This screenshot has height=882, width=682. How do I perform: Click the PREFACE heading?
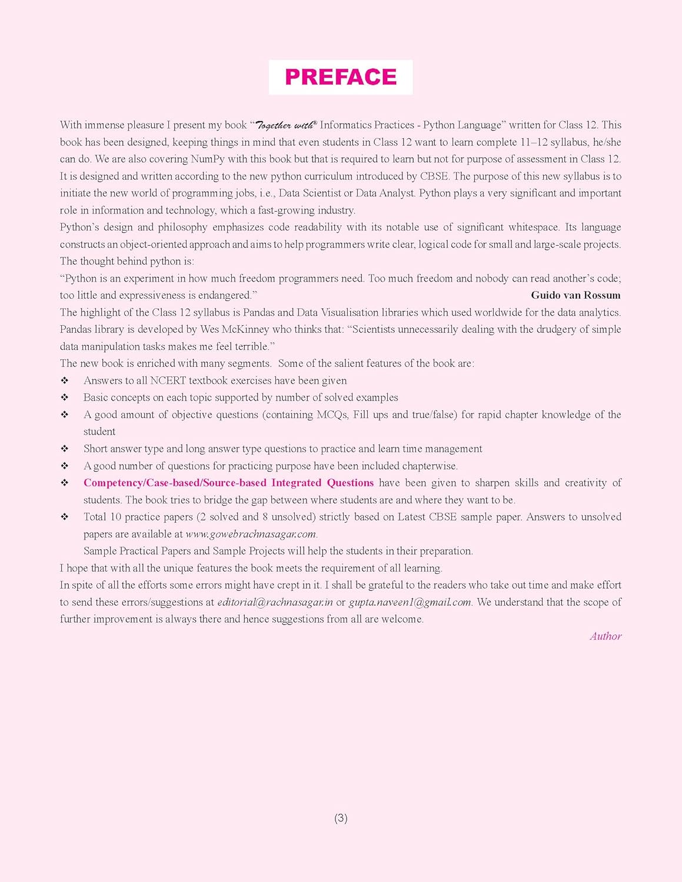click(x=341, y=77)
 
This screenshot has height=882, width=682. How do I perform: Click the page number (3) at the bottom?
click(x=341, y=818)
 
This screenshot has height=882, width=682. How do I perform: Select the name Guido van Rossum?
click(x=575, y=295)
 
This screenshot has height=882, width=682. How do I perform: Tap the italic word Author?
click(x=606, y=636)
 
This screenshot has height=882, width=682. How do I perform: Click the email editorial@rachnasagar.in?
click(x=275, y=602)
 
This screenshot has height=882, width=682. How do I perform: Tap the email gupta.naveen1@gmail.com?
click(x=410, y=602)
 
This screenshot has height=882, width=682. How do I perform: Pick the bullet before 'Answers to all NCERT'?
click(x=65, y=380)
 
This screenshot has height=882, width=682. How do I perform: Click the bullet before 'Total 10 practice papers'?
click(x=65, y=517)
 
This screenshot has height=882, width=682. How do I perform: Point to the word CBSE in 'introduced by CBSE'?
click(x=434, y=176)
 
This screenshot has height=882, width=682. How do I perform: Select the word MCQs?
click(x=332, y=415)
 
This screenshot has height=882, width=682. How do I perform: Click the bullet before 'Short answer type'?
click(x=65, y=449)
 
